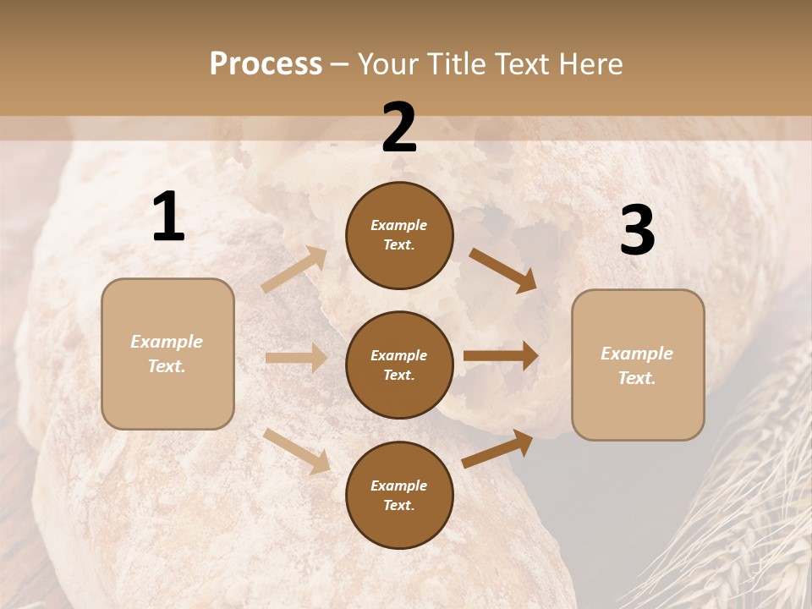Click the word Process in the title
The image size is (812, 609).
(266, 64)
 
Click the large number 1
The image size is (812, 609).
(168, 218)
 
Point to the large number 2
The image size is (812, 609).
(399, 129)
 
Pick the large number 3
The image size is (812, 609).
(637, 231)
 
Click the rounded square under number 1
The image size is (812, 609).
(167, 354)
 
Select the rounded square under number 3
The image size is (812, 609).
(638, 365)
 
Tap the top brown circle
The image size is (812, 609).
(399, 235)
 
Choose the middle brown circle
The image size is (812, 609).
(399, 365)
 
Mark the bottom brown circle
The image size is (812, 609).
(399, 495)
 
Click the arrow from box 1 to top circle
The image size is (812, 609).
(294, 270)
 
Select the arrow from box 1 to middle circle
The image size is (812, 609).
(296, 358)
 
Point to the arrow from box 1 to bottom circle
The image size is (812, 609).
(297, 451)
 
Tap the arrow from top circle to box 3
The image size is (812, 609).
(503, 270)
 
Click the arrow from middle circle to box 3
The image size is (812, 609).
(501, 355)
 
